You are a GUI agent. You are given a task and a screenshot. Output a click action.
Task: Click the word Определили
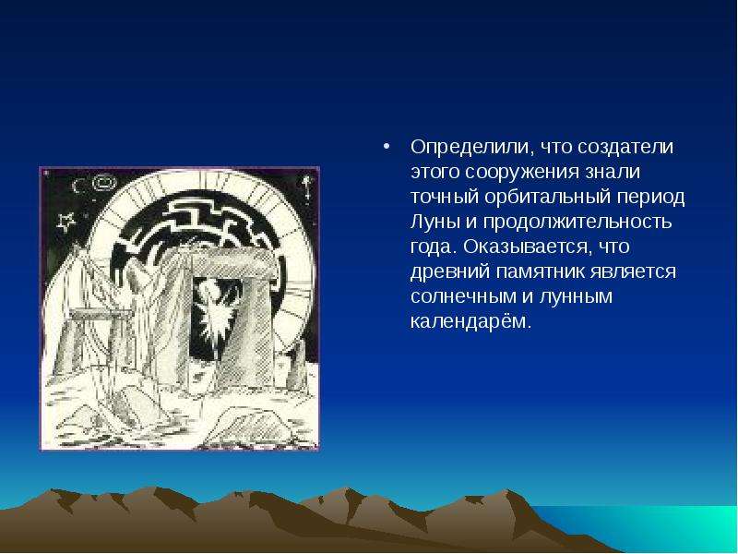coord(471,148)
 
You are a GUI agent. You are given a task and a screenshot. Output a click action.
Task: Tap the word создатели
coord(625,148)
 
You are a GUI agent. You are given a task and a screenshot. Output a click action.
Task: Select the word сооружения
coord(522,173)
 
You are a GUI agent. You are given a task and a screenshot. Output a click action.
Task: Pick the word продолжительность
coord(577,223)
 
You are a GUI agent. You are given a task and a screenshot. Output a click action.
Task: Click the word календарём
coord(470,321)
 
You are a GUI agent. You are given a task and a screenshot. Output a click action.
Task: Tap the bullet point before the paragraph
coord(387,148)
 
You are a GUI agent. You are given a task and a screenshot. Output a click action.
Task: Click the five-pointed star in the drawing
coord(65,222)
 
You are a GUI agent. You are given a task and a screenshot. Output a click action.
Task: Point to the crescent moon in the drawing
coord(77,187)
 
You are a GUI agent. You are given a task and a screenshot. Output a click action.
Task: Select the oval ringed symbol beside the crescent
coord(104,183)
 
